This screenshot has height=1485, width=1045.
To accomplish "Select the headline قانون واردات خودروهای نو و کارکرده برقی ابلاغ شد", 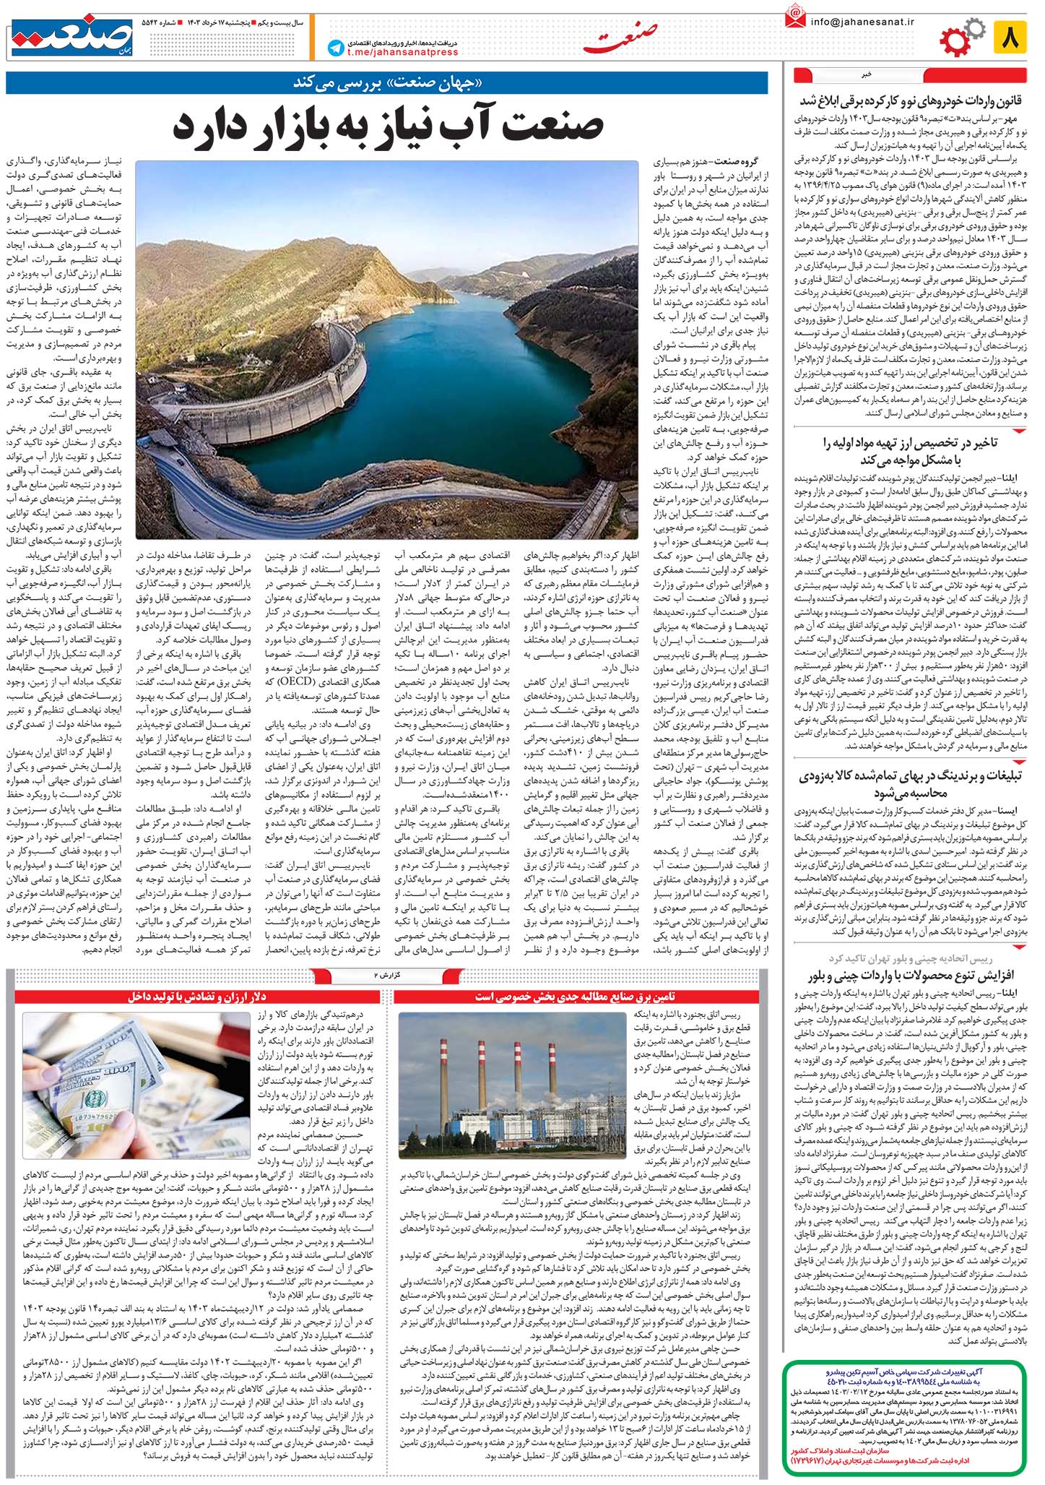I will pos(912,100).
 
